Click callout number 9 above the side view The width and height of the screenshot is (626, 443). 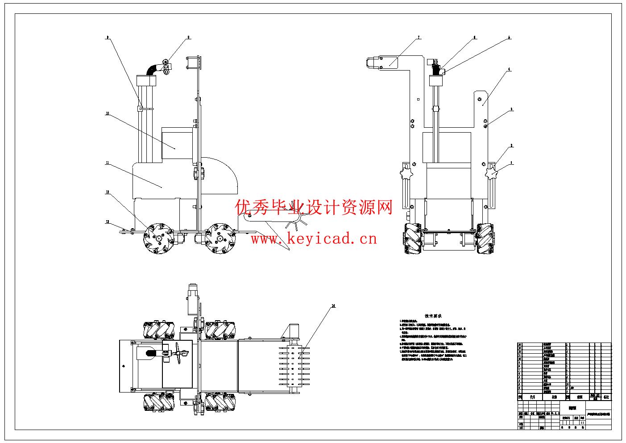(x=107, y=37)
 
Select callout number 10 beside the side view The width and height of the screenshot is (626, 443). (x=107, y=113)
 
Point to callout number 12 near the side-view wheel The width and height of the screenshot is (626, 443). (x=107, y=192)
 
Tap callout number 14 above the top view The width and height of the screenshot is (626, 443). (x=333, y=306)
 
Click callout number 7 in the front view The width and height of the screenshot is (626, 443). (x=419, y=38)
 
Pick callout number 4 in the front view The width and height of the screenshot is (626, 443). (x=509, y=70)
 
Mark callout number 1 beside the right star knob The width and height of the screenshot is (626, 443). (x=512, y=163)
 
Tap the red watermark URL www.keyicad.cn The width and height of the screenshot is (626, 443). (x=314, y=239)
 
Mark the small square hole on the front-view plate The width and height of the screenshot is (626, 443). (x=418, y=100)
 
